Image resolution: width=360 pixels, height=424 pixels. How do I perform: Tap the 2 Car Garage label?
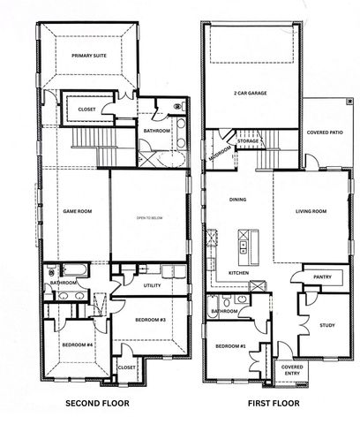(x=251, y=92)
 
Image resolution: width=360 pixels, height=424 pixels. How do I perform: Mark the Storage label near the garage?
(x=248, y=140)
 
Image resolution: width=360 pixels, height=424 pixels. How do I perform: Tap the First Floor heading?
(x=274, y=404)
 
